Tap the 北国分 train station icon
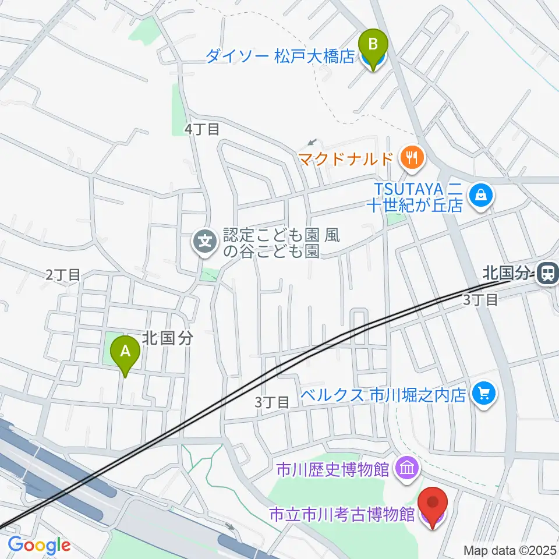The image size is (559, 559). click(x=547, y=273)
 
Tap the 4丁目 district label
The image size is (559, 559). click(x=201, y=129)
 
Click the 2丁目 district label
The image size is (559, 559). click(x=63, y=275)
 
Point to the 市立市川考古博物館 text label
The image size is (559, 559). click(x=342, y=514)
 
